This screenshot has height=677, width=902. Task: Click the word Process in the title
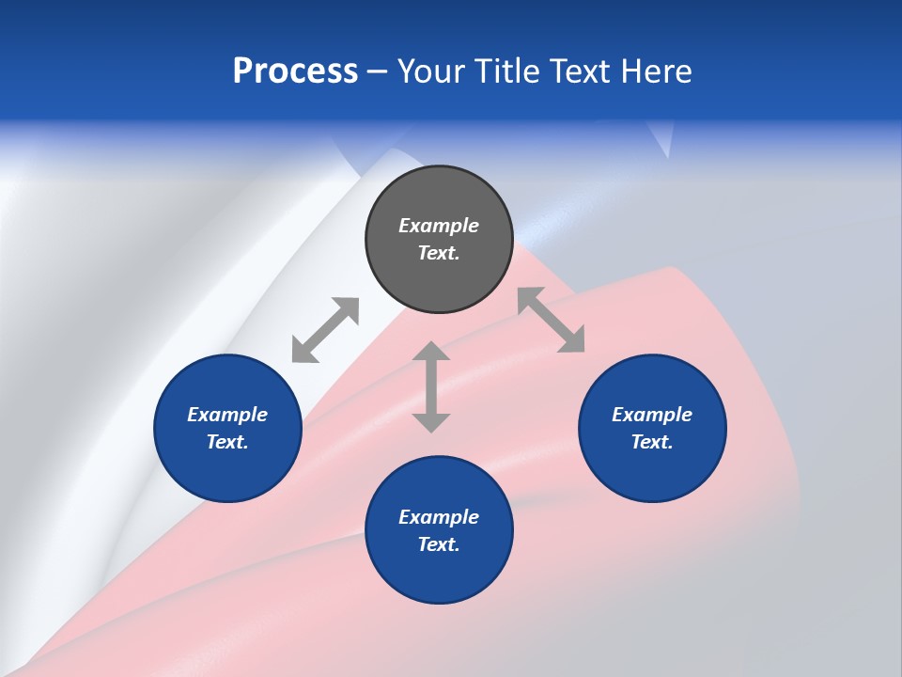pos(295,71)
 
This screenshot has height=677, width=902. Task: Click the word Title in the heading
pos(504,71)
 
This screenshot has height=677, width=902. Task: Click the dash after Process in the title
pos(377,72)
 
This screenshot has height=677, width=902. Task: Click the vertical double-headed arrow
pos(431,387)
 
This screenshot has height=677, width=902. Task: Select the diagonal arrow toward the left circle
pos(325,330)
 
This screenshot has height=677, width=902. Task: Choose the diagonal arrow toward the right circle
pos(552,320)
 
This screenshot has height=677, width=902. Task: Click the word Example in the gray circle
pos(439,226)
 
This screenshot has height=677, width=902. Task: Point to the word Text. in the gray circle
pos(439,253)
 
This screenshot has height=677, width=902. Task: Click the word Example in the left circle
pos(227,415)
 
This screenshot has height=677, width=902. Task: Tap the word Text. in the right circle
pos(652,442)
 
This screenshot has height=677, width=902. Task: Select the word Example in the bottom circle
pos(439,517)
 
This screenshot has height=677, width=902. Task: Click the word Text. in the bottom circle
pos(439,544)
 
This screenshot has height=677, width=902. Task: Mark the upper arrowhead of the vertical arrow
pos(431,353)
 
